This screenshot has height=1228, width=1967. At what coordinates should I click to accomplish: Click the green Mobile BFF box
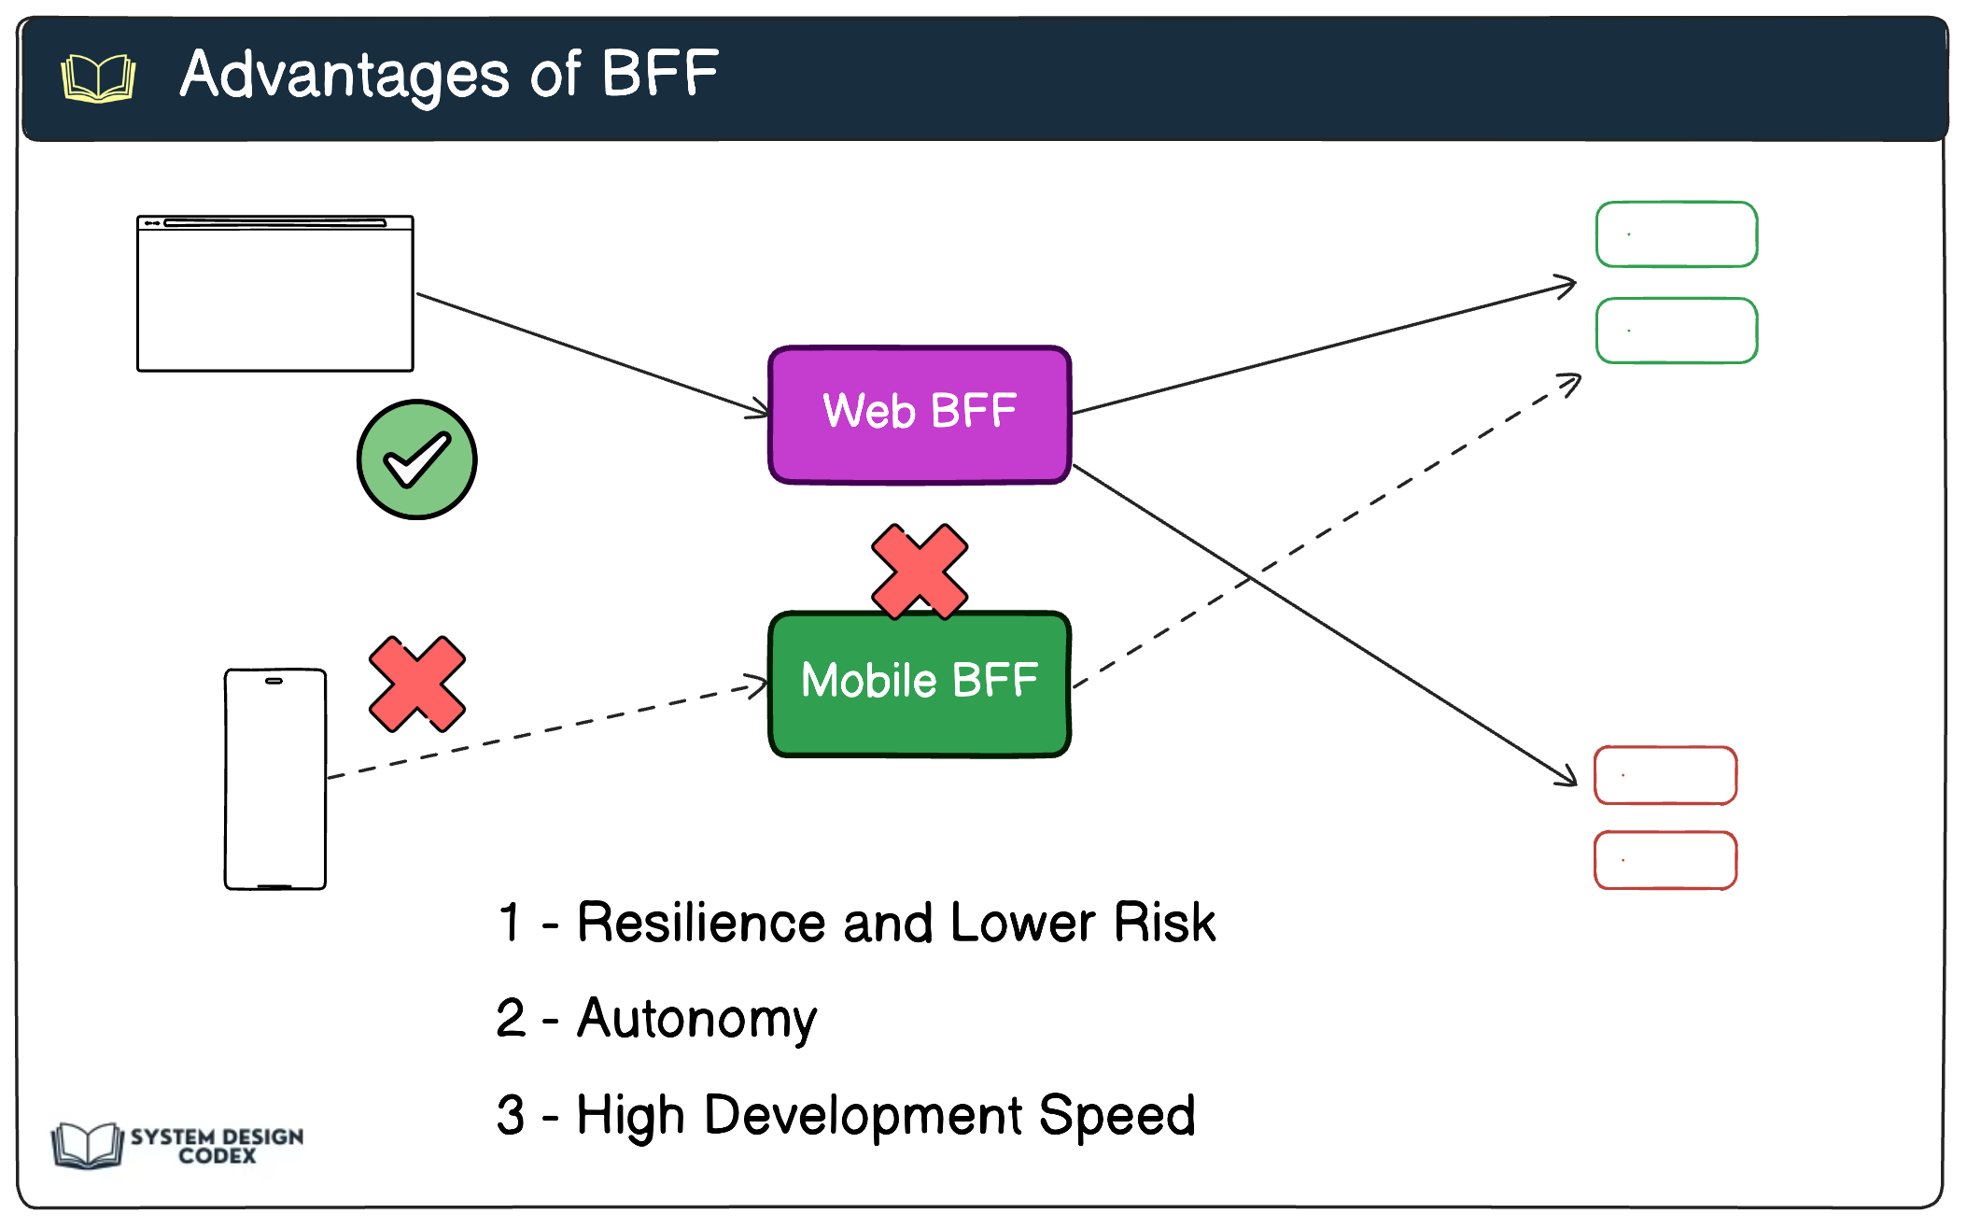[920, 683]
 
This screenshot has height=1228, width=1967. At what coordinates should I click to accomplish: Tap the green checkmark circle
[416, 459]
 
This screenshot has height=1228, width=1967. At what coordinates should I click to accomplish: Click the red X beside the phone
[416, 684]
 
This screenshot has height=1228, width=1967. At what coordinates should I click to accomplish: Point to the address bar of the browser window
[274, 223]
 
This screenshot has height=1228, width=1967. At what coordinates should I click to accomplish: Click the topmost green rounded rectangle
[1677, 234]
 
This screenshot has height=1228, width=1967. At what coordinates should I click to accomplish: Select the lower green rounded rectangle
[1677, 331]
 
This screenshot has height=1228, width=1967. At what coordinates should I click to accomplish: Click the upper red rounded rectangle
[1665, 775]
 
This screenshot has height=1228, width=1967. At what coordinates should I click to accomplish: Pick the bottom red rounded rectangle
[1665, 860]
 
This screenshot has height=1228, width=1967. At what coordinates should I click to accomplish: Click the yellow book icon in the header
[98, 78]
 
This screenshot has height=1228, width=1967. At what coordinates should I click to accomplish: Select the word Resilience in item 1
[700, 923]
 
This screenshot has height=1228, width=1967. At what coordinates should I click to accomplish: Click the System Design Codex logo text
[217, 1146]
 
